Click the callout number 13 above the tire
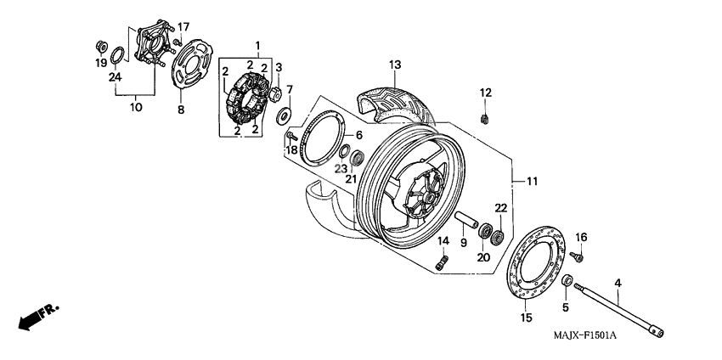pyautogui.click(x=394, y=65)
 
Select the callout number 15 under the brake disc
pyautogui.click(x=526, y=318)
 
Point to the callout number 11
pyautogui.click(x=532, y=182)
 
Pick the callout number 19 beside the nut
pyautogui.click(x=100, y=63)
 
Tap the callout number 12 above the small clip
pyautogui.click(x=485, y=92)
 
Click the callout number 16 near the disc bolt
pyautogui.click(x=582, y=236)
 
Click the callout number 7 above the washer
pyautogui.click(x=289, y=89)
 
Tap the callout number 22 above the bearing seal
pyautogui.click(x=500, y=208)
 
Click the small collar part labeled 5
pyautogui.click(x=567, y=281)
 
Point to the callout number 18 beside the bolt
pyautogui.click(x=292, y=149)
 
